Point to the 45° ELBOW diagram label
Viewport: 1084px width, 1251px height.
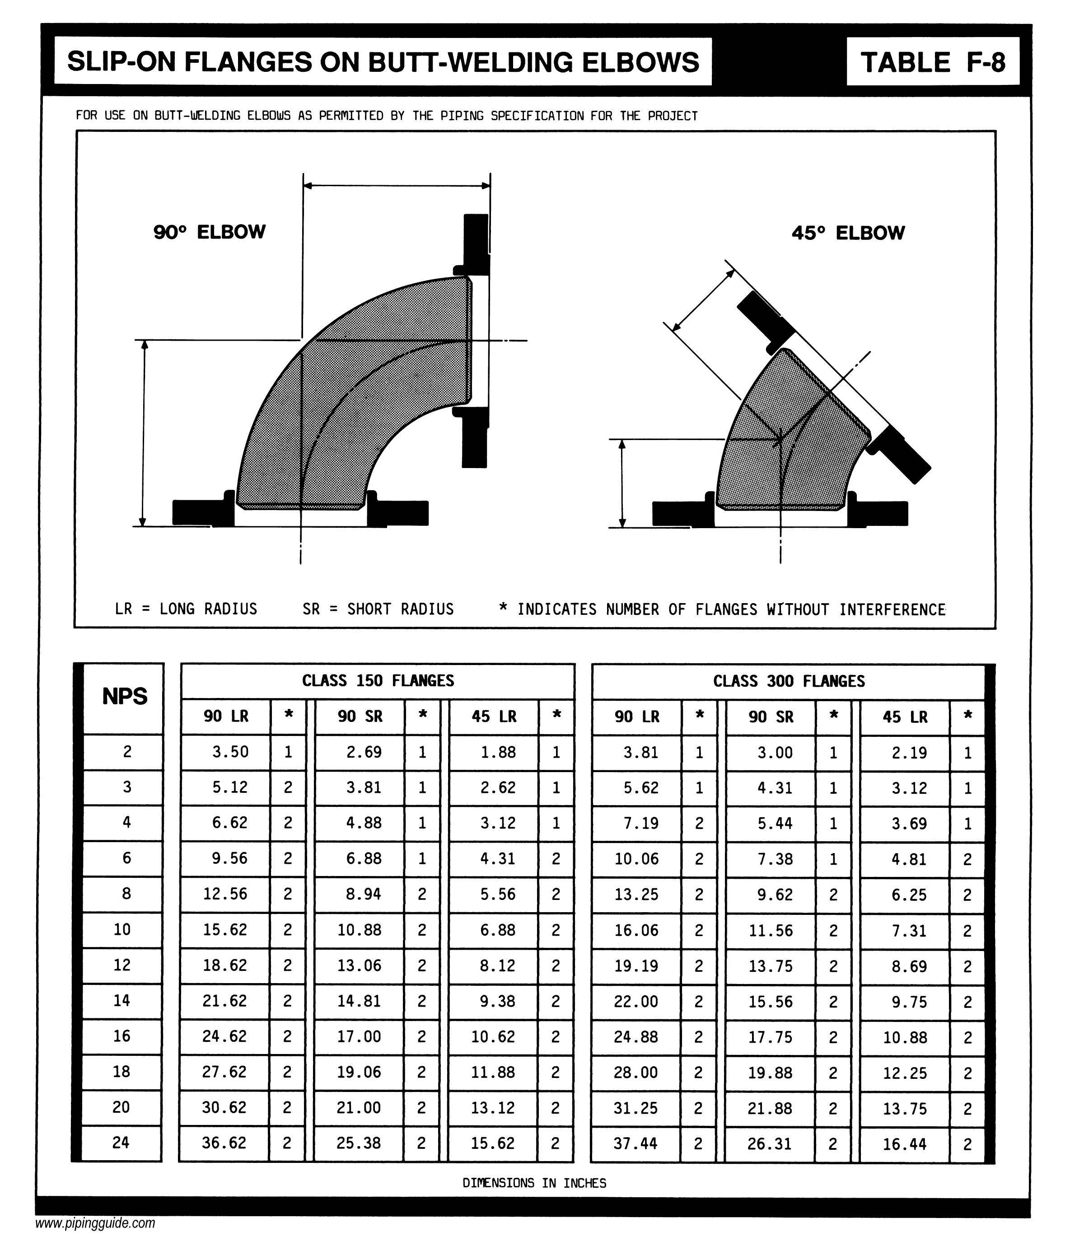click(x=848, y=233)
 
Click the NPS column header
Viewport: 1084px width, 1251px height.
click(x=125, y=696)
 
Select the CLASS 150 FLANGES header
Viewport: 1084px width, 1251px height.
click(x=378, y=681)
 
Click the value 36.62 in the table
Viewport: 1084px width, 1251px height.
click(x=224, y=1143)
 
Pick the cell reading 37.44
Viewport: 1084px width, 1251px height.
click(x=636, y=1143)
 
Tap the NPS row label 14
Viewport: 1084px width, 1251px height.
click(x=122, y=1001)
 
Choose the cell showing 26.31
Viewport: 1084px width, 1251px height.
click(x=770, y=1143)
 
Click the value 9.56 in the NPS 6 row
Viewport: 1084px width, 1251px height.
click(x=229, y=858)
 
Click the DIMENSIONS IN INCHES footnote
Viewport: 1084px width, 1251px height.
click(x=534, y=1183)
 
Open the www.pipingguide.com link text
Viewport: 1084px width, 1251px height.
click(x=95, y=1223)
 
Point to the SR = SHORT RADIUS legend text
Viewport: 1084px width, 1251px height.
click(x=378, y=609)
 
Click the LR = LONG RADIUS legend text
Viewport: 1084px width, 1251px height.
click(x=186, y=609)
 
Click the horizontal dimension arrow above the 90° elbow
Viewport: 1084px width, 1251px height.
click(x=396, y=186)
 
